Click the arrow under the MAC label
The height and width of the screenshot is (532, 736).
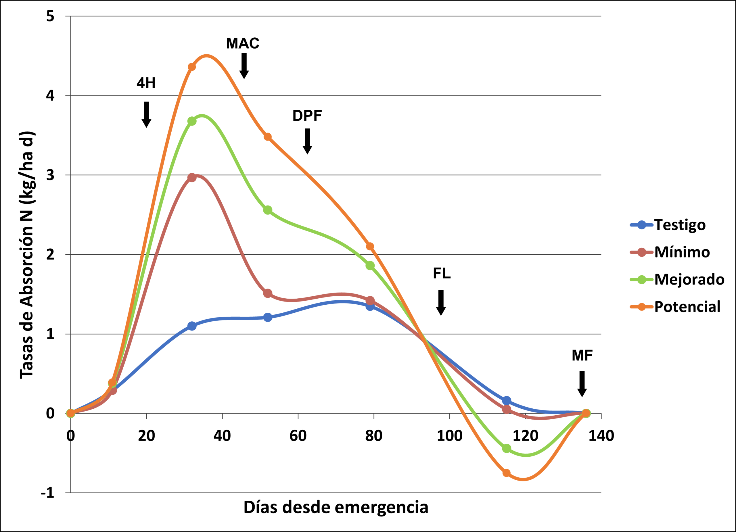pos(244,66)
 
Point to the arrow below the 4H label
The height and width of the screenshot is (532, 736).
pos(146,114)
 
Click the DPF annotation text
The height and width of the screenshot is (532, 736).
pos(307,116)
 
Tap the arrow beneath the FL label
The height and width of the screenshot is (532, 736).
pos(441,302)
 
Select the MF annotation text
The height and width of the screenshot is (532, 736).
pos(582,356)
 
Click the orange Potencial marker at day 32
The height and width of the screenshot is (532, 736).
pos(192,67)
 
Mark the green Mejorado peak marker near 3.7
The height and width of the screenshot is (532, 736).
pos(192,121)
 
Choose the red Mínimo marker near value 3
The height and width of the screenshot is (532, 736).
pos(192,177)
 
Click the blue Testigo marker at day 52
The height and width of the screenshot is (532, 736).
pos(268,317)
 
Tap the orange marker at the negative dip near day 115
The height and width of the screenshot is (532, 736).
pos(507,473)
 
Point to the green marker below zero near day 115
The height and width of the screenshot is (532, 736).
pos(507,448)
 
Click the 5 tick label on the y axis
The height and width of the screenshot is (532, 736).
pos(50,16)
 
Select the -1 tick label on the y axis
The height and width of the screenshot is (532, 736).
pos(48,493)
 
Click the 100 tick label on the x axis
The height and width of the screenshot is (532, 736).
pos(449,436)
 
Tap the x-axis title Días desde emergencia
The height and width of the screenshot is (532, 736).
pos(336,507)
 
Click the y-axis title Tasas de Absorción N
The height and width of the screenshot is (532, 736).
pos(27,255)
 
